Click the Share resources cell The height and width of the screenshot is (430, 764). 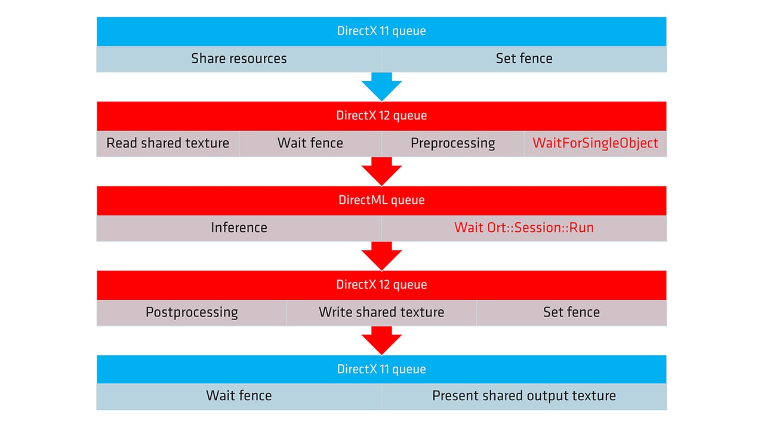[239, 59]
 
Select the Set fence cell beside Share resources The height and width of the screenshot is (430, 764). [523, 59]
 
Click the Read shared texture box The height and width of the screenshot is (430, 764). [168, 143]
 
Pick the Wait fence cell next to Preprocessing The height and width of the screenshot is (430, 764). [310, 143]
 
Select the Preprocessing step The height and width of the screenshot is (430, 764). [452, 143]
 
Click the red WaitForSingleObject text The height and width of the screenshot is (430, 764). [595, 143]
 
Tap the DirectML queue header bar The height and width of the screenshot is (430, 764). [381, 200]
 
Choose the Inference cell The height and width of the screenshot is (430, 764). [239, 228]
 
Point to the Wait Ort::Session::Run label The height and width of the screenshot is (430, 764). [523, 228]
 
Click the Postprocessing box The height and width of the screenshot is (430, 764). [192, 312]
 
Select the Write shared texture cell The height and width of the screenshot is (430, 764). [381, 312]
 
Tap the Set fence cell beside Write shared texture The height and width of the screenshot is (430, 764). [571, 312]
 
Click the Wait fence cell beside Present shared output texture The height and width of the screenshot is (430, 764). [239, 396]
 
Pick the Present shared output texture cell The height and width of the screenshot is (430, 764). [523, 396]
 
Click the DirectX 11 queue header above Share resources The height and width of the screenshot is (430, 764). [381, 31]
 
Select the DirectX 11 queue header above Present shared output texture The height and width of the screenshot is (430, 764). [381, 369]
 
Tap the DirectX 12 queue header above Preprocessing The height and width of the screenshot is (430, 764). [381, 116]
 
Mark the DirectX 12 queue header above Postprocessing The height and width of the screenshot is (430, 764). [381, 285]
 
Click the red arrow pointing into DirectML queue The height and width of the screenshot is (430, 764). [381, 171]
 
